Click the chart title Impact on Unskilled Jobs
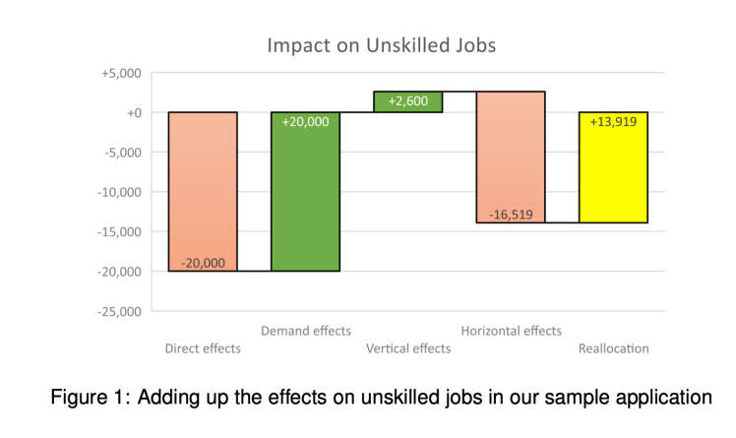pos(368,46)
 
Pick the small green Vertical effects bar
pos(407,101)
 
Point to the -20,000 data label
pos(203,262)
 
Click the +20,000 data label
pos(305,122)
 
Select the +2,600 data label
pos(407,101)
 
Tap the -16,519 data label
pos(510,214)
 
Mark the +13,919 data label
pos(613,122)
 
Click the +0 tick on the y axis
pos(133,113)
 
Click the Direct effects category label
pos(203,348)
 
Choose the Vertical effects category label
pos(407,348)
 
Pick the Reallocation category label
pos(613,348)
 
